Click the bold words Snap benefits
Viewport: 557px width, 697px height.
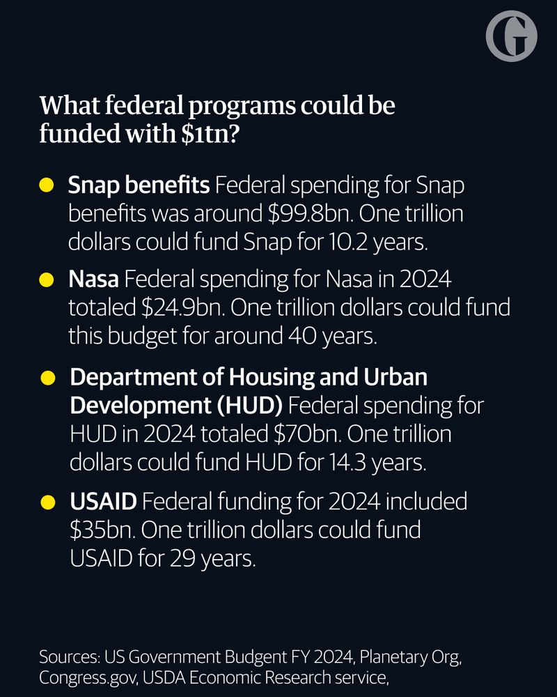139,185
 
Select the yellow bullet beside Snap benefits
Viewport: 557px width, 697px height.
47,186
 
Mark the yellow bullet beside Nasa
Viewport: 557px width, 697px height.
47,281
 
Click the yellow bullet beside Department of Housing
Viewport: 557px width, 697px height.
47,378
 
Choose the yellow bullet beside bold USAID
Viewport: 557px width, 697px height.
47,501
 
